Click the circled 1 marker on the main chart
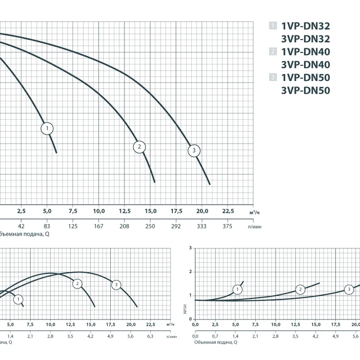tap(47, 129)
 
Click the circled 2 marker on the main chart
tap(139, 147)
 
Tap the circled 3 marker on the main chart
tap(194, 151)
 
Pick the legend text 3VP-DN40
tap(306, 65)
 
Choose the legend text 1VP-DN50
tap(306, 78)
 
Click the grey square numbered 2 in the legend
tap(273, 52)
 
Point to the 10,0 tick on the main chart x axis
tap(99, 211)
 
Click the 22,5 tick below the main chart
tap(228, 211)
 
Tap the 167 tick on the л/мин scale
tap(99, 226)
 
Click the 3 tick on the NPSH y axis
tap(191, 248)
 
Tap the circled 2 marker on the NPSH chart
tap(300, 289)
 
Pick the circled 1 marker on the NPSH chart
tap(237, 289)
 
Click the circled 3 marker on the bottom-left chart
tap(116, 284)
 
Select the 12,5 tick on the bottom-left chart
tap(71, 324)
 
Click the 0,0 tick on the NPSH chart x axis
tap(195, 324)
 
